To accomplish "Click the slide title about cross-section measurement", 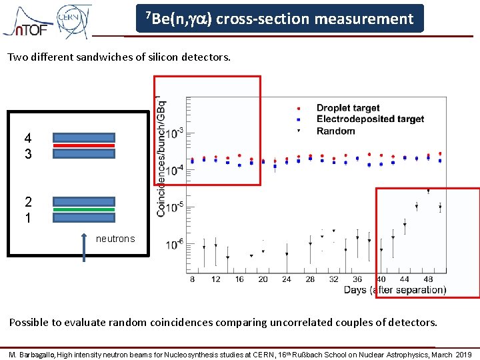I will point(279,19).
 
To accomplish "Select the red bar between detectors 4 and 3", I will point(84,145).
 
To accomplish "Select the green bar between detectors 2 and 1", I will point(84,209).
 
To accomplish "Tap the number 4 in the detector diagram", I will point(27,138).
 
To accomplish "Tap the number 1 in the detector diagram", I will point(27,218).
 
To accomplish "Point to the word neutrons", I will point(115,239).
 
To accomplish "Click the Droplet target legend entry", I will point(347,108).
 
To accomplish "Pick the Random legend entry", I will point(335,131).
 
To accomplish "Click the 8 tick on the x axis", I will point(192,279).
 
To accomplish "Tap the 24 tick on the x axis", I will point(287,279).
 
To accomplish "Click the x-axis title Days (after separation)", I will point(395,290).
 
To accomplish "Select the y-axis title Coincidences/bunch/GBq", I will point(162,157).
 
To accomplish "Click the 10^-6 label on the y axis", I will point(175,245).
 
